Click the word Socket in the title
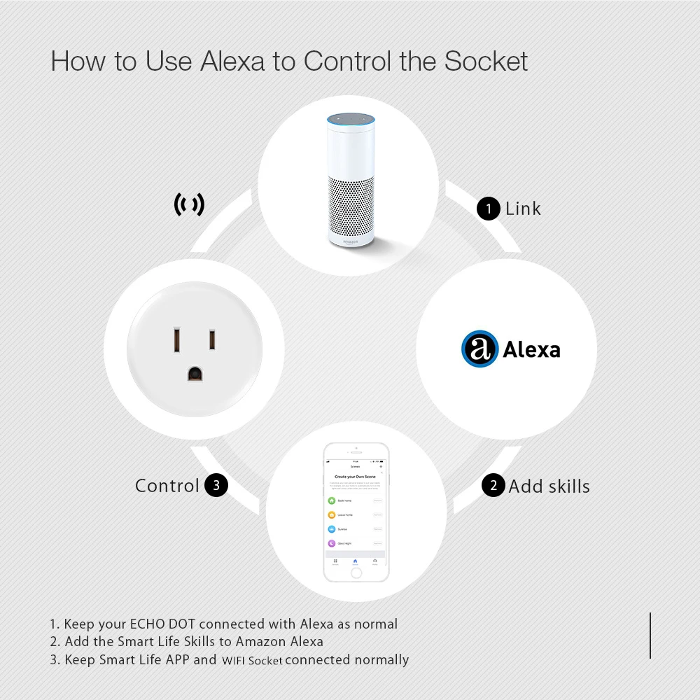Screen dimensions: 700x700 486,61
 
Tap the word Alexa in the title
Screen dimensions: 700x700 232,61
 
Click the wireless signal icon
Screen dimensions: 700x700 189,204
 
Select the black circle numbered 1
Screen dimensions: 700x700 488,209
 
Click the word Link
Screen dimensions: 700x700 523,209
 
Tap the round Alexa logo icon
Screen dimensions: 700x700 479,349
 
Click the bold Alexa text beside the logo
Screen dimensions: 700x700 531,349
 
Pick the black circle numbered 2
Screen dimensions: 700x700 493,486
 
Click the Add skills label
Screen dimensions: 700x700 549,486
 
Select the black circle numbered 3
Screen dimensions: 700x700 216,486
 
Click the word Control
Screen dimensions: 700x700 167,486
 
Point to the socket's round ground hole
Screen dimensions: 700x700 195,373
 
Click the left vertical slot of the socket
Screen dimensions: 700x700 178,341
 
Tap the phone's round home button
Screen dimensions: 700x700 356,572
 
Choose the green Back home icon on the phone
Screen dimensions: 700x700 332,500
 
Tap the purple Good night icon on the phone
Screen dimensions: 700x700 332,543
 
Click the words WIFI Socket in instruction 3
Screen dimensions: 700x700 252,660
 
